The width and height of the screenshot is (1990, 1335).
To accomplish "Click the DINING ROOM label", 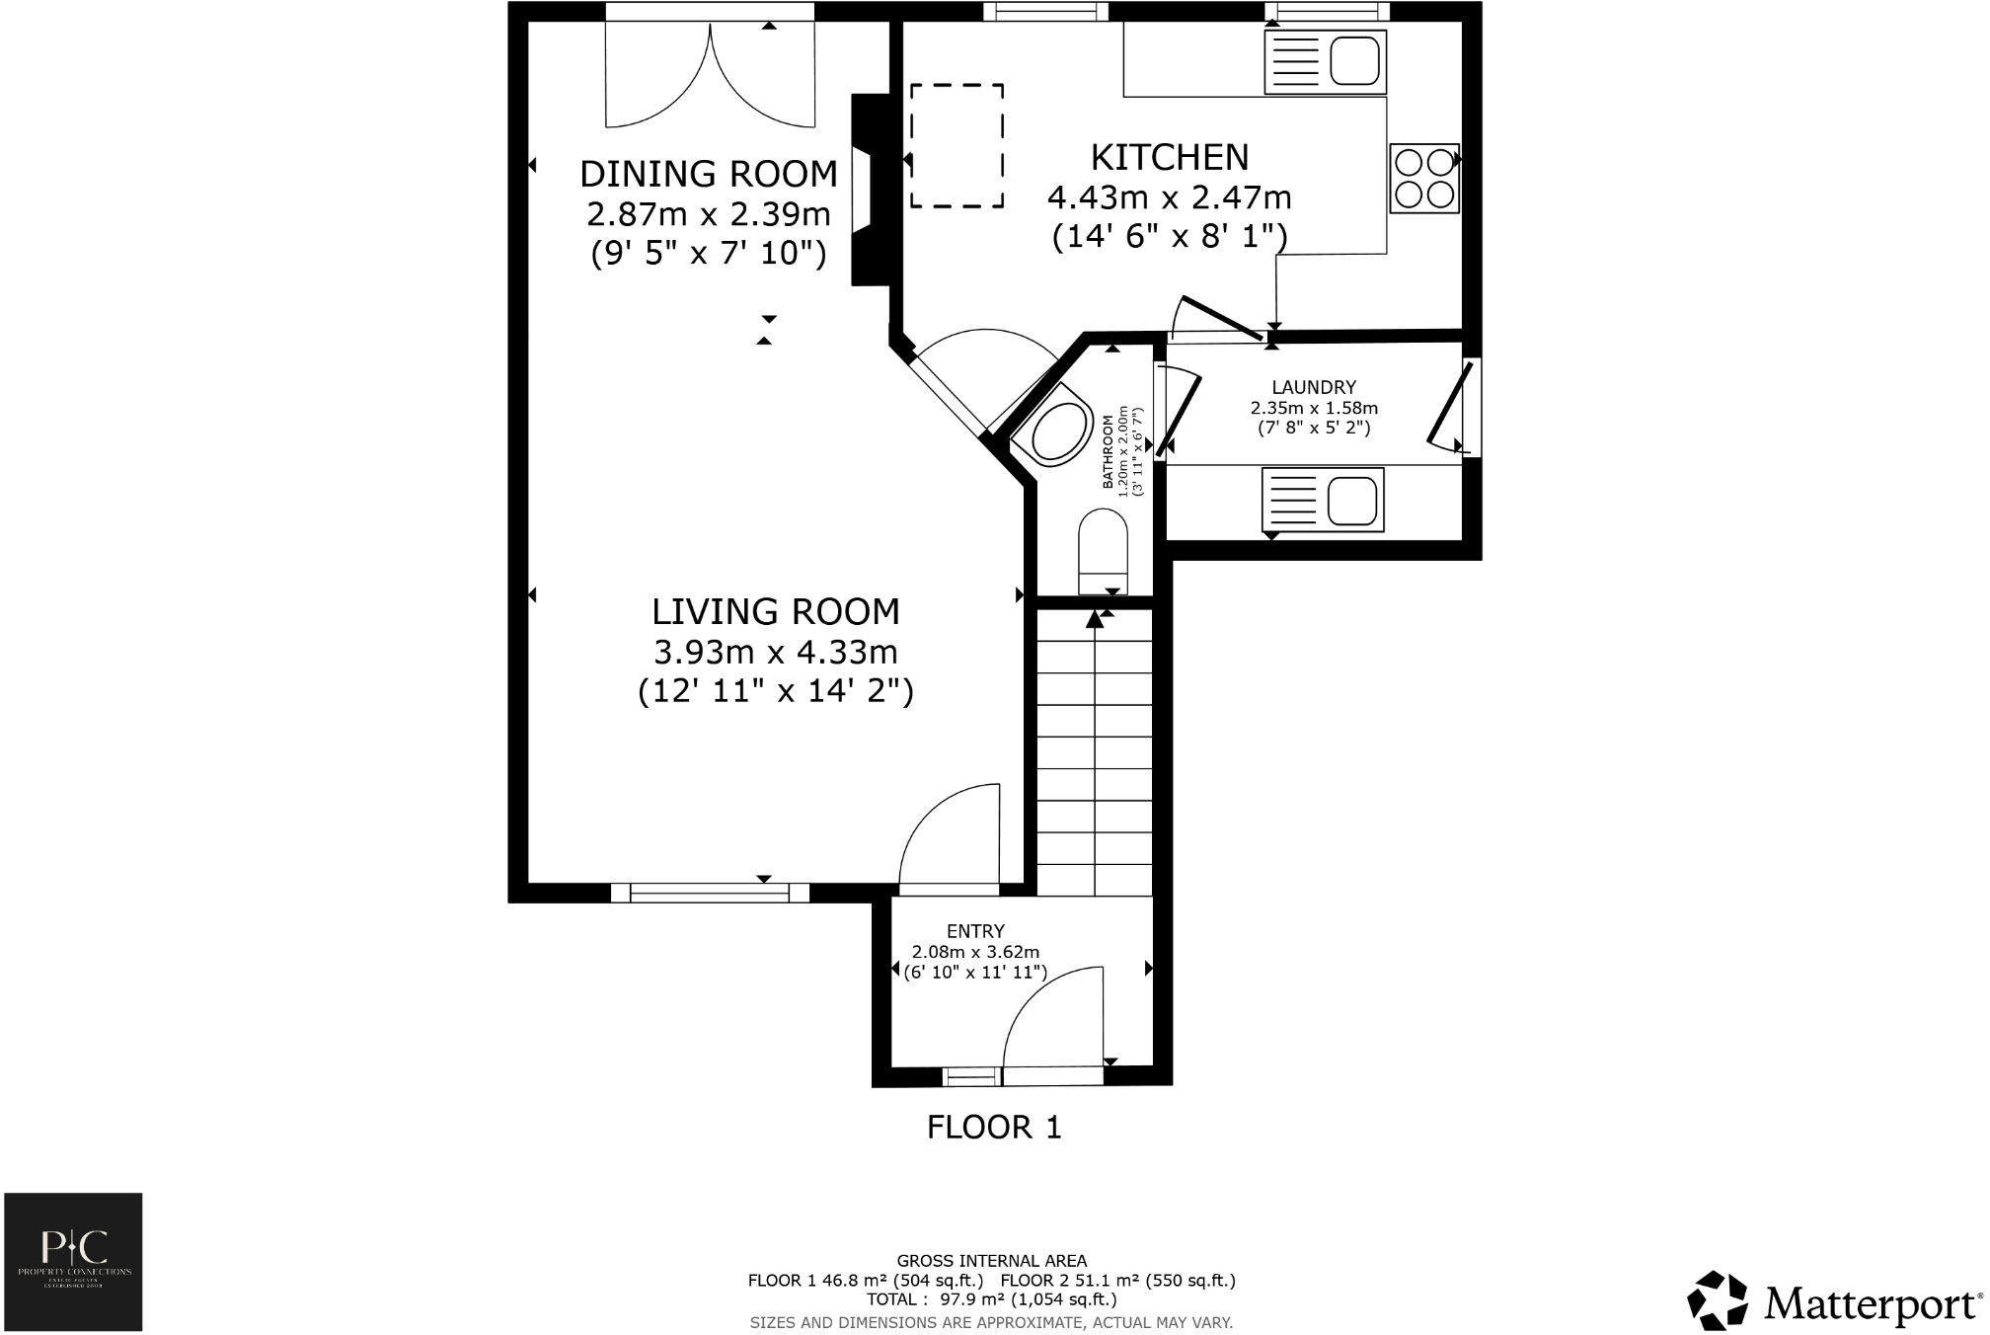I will [x=708, y=174].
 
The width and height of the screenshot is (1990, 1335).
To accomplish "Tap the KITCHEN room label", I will [x=1169, y=157].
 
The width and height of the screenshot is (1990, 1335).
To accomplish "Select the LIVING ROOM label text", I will [x=775, y=612].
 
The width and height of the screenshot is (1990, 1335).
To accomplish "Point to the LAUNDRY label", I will [x=1313, y=387].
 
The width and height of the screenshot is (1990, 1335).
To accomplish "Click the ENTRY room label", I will [x=974, y=931].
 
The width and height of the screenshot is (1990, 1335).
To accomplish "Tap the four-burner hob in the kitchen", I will [x=1424, y=178].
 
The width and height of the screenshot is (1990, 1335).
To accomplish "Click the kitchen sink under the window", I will [x=1325, y=62].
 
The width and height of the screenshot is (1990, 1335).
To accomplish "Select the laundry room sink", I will [x=1323, y=500].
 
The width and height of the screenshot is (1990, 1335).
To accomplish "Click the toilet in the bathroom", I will [x=1103, y=551].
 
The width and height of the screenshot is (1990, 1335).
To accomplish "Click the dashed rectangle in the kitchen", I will [x=957, y=145].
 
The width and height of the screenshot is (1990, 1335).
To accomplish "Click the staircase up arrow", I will [x=1095, y=620].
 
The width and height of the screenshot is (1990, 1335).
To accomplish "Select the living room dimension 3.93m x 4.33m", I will [x=775, y=653].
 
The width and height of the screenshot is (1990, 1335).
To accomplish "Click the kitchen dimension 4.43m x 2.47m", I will [x=1169, y=197].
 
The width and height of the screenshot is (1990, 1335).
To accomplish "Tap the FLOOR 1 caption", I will [x=993, y=1127].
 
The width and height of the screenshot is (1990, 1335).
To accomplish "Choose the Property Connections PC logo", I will [x=73, y=1261].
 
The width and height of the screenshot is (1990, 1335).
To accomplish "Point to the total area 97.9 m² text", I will [x=991, y=1299].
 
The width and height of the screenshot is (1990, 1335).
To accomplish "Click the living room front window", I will [x=709, y=893].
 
